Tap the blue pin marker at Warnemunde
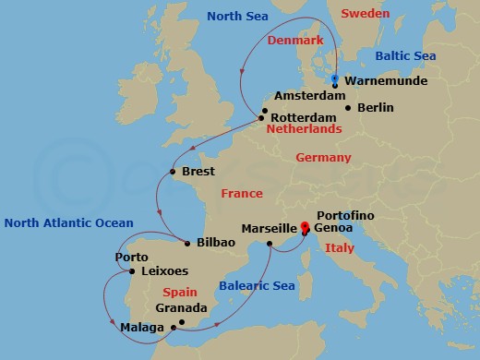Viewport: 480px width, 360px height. click(x=335, y=79)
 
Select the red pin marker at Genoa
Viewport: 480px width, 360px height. click(x=304, y=225)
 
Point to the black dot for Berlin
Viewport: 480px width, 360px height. click(x=347, y=108)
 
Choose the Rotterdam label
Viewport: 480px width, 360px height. click(x=303, y=117)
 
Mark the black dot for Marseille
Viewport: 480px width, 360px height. click(x=269, y=244)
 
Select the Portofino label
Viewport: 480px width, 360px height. click(x=344, y=213)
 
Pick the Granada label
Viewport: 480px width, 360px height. click(x=182, y=307)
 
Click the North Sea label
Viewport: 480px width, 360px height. click(x=236, y=16)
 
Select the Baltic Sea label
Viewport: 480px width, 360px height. click(x=406, y=57)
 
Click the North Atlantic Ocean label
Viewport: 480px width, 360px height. click(x=69, y=222)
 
